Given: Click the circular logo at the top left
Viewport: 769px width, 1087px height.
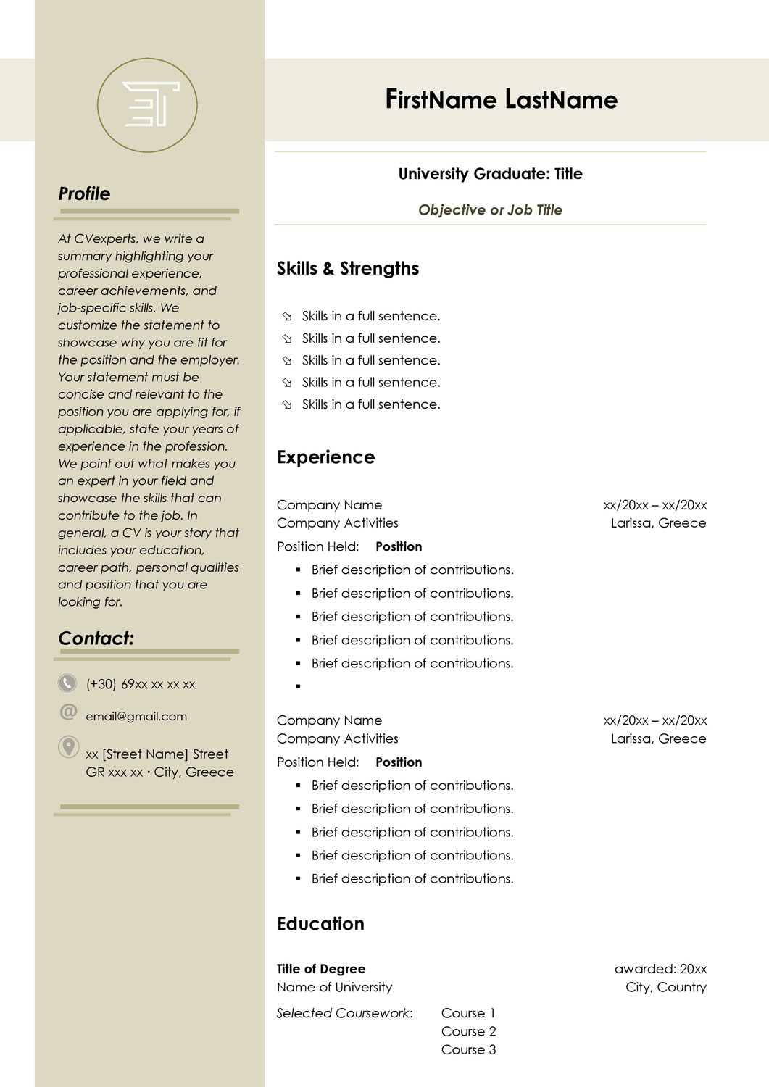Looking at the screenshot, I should tap(147, 105).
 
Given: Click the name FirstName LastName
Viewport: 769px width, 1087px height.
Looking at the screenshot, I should tap(501, 99).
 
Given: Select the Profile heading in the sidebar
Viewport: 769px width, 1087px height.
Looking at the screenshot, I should tap(84, 193).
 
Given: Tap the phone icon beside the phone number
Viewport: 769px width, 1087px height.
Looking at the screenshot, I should tap(67, 683).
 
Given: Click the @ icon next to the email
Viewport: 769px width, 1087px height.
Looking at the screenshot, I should tap(68, 712).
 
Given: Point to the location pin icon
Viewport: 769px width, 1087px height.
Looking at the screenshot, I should tap(68, 746).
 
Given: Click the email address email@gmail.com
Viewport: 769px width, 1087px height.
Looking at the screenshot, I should tap(136, 716).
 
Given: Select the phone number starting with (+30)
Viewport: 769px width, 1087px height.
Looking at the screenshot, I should tap(141, 684).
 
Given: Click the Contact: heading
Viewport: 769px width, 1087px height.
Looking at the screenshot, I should tap(96, 638).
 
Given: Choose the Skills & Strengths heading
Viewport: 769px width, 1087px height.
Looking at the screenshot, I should tap(348, 268).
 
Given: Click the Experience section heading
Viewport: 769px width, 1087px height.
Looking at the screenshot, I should tap(326, 457).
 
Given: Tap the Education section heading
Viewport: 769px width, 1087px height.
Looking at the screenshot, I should tap(320, 924).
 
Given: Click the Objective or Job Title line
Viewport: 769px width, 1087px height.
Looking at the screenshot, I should tap(490, 209).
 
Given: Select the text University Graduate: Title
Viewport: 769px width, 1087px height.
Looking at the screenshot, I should tap(490, 174).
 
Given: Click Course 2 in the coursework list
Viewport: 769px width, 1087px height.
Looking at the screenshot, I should tap(468, 1031).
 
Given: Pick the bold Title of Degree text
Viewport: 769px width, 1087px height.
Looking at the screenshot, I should tap(321, 969).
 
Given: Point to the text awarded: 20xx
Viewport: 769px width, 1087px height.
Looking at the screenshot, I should tap(660, 969).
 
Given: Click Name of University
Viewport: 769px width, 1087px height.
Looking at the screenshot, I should tap(334, 987).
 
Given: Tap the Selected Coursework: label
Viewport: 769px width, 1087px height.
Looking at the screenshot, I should tap(344, 1013).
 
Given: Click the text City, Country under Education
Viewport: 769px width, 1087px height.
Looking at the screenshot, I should tap(665, 987).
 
